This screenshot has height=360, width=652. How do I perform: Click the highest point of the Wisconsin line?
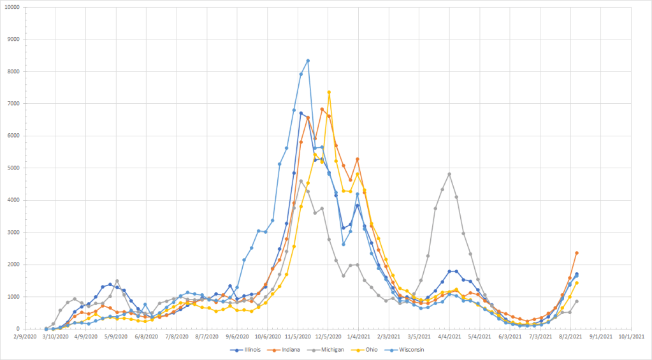[x=308, y=61]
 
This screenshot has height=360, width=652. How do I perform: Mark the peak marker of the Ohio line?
[x=329, y=92]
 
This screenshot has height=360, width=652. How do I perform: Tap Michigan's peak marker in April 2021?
[x=449, y=174]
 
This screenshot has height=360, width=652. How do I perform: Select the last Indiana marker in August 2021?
[x=577, y=253]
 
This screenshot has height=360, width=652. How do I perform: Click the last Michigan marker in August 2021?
[x=577, y=301]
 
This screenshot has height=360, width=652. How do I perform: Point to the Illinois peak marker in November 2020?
[x=301, y=113]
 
